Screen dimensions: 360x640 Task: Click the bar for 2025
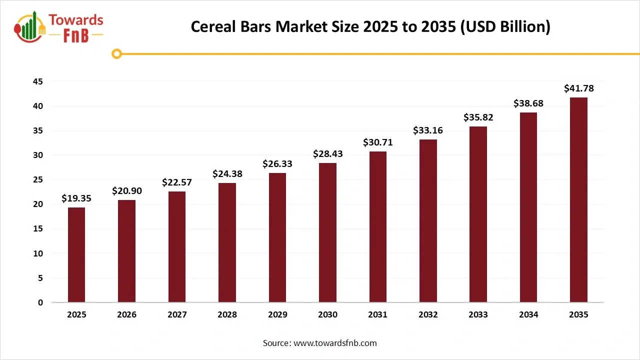point(76,254)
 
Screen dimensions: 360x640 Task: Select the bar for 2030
point(327,232)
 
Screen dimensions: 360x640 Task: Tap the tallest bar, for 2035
point(578,199)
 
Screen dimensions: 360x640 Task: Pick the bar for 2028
point(227,242)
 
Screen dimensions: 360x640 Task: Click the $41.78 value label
point(578,88)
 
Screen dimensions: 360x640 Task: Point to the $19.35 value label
point(76,198)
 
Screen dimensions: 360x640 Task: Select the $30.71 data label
point(377,142)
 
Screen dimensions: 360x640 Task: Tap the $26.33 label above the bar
point(277,164)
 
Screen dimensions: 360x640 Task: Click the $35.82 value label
point(478,117)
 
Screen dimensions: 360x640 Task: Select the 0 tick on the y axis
point(40,302)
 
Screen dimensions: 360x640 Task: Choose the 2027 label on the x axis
point(177,314)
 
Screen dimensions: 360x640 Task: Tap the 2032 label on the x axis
point(428,314)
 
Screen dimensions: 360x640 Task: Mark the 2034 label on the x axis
point(528,314)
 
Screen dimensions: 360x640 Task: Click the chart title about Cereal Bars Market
point(370,27)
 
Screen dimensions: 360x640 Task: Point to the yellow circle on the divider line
point(117,54)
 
